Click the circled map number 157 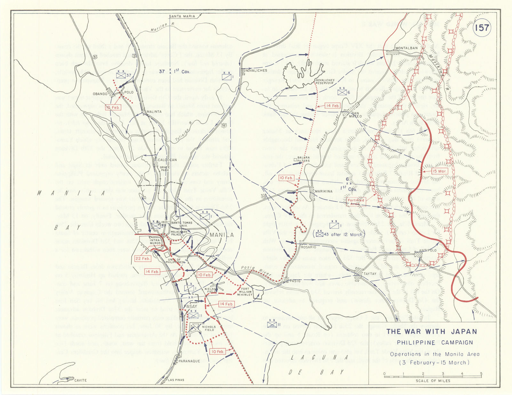click(482, 28)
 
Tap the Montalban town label click(407, 48)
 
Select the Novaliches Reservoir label click(325, 81)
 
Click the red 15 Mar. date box click(439, 171)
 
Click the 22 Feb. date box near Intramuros click(143, 259)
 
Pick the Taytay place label click(370, 274)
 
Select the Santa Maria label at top click(182, 16)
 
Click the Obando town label click(100, 94)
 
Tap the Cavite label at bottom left click(80, 380)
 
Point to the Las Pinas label click(176, 380)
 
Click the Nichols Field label click(209, 328)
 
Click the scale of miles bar click(433, 376)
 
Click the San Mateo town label click(355, 115)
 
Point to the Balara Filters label click(303, 159)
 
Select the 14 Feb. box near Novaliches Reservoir click(332, 106)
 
